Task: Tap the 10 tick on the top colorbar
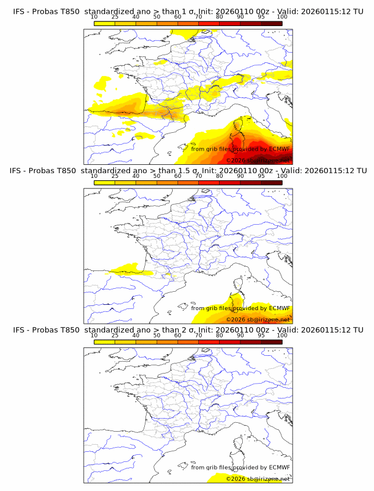(x=94, y=17)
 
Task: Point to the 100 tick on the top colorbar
(x=282, y=17)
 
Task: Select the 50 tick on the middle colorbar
(x=157, y=176)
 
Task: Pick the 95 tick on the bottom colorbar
(x=261, y=336)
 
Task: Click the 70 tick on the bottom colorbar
(x=198, y=336)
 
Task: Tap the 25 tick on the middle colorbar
(x=115, y=176)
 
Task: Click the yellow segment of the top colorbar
(x=104, y=23)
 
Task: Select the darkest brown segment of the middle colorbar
(x=271, y=183)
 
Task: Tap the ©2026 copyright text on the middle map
(x=258, y=320)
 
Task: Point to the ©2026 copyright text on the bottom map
(x=258, y=479)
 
